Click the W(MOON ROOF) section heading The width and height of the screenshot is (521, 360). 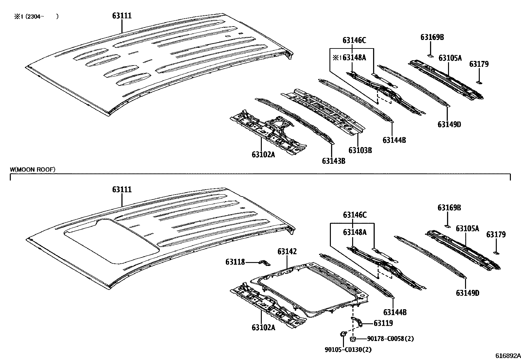(32, 169)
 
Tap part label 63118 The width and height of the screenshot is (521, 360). (235, 262)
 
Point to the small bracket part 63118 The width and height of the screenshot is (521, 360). (263, 263)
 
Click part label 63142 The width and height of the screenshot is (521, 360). (287, 252)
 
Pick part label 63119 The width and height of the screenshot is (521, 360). (383, 323)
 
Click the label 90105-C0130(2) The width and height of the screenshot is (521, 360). (348, 350)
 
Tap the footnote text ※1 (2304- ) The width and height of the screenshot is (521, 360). (36, 16)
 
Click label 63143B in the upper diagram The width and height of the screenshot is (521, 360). (333, 161)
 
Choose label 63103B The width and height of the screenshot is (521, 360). (360, 150)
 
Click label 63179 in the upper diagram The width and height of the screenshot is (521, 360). (479, 64)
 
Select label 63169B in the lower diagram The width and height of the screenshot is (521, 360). (449, 208)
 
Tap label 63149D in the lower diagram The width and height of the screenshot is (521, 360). (467, 293)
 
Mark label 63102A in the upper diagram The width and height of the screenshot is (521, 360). (263, 154)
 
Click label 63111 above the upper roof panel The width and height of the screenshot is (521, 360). (122, 16)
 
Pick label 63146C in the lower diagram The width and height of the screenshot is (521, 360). (354, 215)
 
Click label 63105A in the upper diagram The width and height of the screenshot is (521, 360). (450, 58)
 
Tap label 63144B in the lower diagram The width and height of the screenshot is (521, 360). (395, 312)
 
